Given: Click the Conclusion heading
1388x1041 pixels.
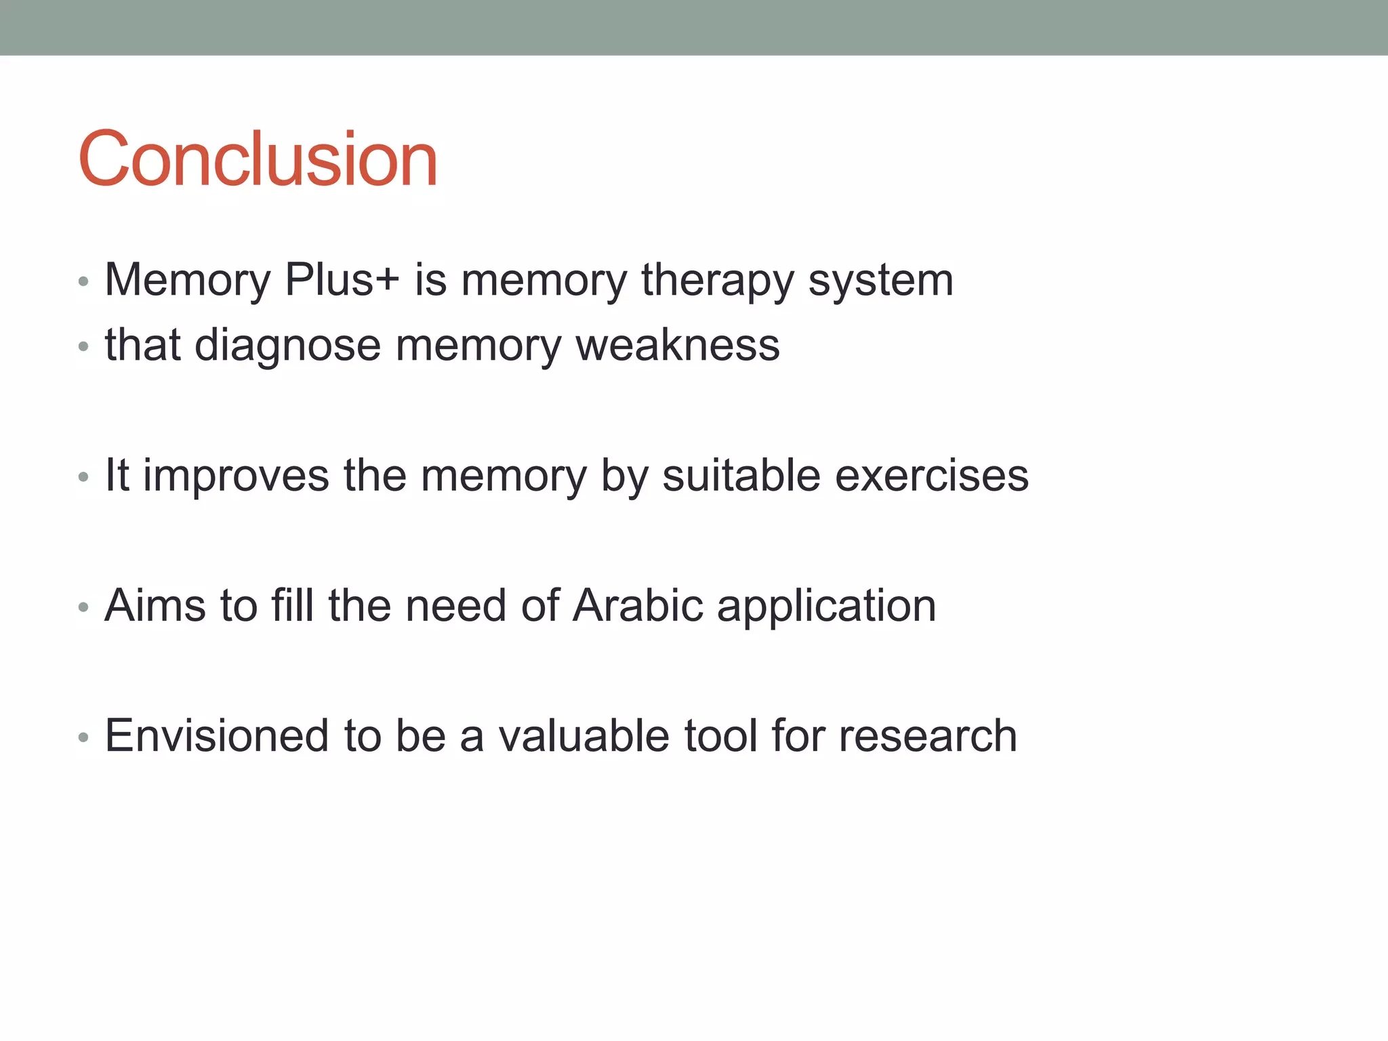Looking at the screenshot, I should pos(258,159).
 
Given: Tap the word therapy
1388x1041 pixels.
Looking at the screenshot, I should pos(717,281).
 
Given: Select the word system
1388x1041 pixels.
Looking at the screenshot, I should pos(881,281).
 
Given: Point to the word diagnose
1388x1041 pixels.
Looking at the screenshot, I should pos(288,346).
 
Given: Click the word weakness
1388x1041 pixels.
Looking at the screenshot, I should pos(678,346).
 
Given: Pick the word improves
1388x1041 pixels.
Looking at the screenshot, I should pos(236,476).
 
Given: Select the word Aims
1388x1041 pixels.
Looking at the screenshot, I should pos(155,605).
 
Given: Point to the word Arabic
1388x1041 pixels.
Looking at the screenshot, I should pos(638,605).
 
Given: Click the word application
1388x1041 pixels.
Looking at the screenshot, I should pos(827,607).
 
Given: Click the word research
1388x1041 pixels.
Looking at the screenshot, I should pos(928,736).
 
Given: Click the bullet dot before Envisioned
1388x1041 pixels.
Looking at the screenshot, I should pos(83,737).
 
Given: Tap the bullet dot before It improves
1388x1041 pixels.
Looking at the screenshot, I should pos(83,477).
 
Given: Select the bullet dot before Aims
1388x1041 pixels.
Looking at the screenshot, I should pos(83,607).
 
